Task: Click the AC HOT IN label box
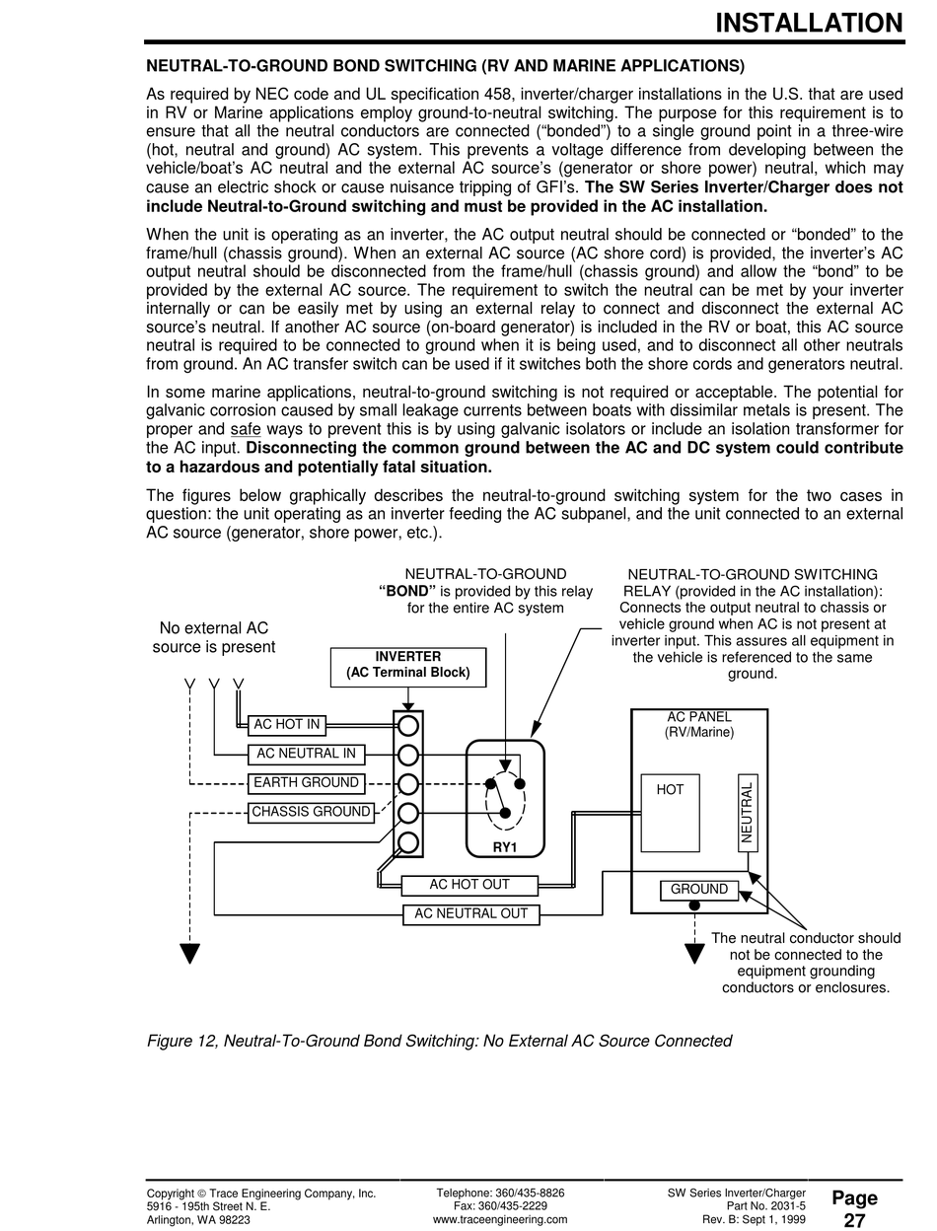pos(286,725)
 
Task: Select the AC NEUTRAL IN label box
pos(306,755)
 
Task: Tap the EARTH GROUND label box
pos(306,783)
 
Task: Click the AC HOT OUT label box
pos(469,885)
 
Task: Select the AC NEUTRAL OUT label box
pos(471,914)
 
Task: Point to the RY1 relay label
pos(505,847)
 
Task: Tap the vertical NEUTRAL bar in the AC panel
pos(748,812)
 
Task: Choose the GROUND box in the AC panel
pos(698,890)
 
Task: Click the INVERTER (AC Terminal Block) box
pos(407,667)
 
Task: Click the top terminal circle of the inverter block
pos(408,727)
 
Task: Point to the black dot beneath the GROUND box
pos(695,905)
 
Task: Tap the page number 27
pos(854,1220)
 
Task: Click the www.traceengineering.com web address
pos(500,1220)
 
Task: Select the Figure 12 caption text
pos(439,1041)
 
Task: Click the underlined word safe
pos(245,430)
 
